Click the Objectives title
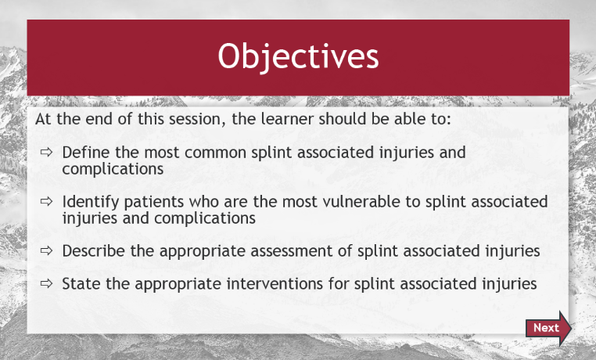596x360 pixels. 298,56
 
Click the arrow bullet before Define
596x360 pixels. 46,153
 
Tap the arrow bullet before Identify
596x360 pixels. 46,201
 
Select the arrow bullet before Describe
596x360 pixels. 46,251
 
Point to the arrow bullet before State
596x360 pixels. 46,283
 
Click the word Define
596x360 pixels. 86,153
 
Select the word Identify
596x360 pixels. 91,202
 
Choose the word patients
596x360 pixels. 154,202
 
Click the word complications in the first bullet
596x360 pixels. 113,169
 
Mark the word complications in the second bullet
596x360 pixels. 205,218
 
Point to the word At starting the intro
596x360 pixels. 43,119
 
